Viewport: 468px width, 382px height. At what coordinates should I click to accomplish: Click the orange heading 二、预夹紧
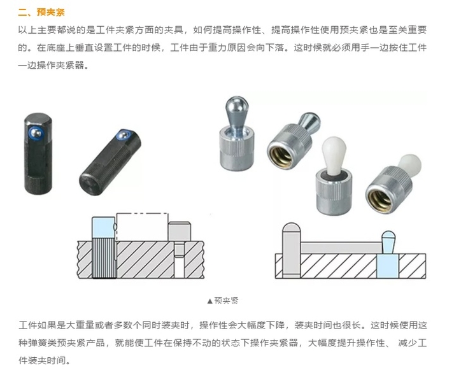click(x=41, y=12)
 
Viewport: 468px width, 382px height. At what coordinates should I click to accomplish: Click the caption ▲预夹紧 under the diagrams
click(x=223, y=301)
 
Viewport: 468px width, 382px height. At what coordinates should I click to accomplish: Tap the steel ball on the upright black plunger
click(x=36, y=132)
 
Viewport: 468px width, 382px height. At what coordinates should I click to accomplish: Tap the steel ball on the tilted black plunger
click(x=122, y=136)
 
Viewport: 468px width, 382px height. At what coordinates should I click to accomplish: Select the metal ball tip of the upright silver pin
click(x=237, y=104)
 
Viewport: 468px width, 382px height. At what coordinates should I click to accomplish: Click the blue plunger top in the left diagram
click(x=104, y=228)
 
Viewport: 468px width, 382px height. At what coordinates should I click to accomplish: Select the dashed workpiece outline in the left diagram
click(x=142, y=227)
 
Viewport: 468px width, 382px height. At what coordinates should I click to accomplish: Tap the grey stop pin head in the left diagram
click(x=179, y=232)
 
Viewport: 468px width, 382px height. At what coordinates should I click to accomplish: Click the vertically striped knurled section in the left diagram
click(x=104, y=258)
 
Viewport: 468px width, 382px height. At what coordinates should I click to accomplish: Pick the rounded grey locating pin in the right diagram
click(x=291, y=248)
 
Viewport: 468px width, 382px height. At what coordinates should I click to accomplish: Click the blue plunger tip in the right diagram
click(x=388, y=242)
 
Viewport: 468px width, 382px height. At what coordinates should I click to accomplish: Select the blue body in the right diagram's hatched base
click(x=387, y=266)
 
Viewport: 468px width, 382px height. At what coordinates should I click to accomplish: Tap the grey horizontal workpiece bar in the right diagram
click(x=341, y=248)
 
